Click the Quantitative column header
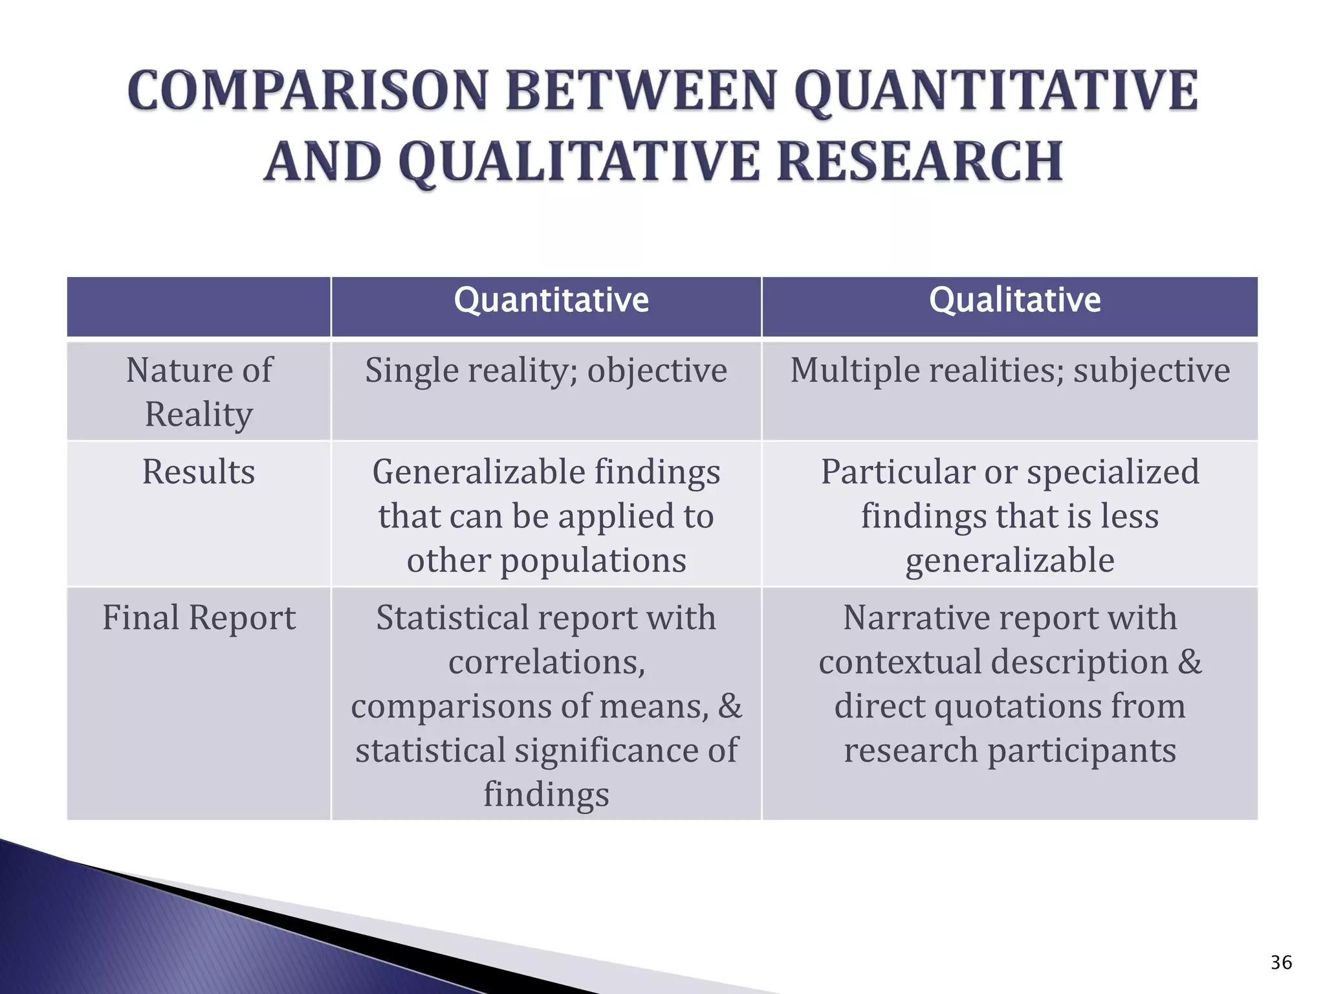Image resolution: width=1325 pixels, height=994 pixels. click(551, 300)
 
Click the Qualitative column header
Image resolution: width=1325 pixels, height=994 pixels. click(1014, 300)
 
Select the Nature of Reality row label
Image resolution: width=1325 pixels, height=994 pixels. click(199, 392)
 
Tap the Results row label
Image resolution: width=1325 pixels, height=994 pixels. click(199, 472)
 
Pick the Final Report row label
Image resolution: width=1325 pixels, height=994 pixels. click(199, 617)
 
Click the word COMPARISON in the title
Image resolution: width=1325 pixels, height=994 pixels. click(307, 91)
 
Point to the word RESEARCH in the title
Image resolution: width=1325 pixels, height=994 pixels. click(920, 161)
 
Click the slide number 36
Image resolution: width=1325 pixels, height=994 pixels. click(1280, 963)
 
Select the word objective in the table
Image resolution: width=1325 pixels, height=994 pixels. click(657, 371)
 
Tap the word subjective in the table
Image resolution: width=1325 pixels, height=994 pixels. click(1152, 371)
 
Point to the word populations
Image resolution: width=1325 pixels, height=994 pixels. click(593, 560)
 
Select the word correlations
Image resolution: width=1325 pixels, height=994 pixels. click(547, 662)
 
